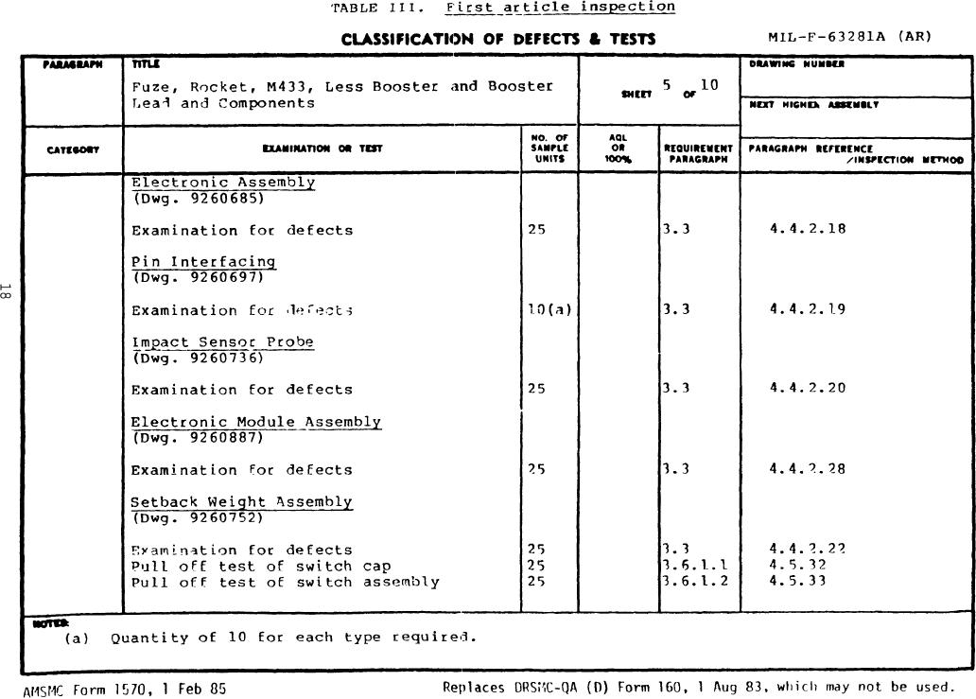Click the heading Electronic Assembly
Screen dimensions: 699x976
point(223,183)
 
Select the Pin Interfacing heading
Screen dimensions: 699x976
point(203,262)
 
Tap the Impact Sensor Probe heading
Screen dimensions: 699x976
point(222,342)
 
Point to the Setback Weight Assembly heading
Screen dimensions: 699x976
point(241,502)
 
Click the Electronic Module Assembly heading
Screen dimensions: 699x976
point(255,422)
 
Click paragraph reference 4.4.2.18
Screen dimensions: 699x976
point(808,229)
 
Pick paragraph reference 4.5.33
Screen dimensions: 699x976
point(797,581)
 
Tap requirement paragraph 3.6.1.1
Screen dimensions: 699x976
point(697,566)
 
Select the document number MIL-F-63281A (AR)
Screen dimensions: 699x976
point(850,37)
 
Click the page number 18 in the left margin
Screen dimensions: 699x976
point(8,292)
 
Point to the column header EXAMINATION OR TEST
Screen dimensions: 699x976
point(322,149)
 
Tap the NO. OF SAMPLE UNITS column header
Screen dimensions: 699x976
point(549,149)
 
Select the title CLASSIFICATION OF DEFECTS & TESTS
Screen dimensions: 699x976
point(497,39)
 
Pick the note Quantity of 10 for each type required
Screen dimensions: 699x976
point(293,637)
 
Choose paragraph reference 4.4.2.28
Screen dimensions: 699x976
point(808,468)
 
